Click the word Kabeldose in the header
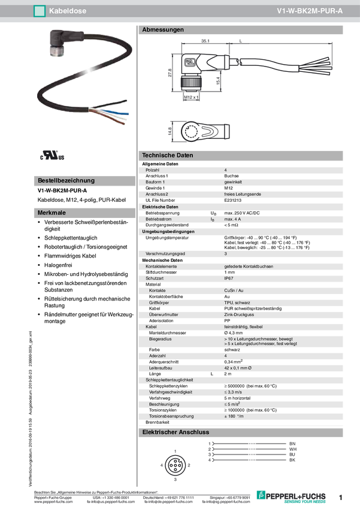pos(66,11)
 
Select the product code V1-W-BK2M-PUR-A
pos(310,11)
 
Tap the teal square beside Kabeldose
pos(40,11)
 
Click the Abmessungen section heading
pos(162,29)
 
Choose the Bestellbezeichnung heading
pos(66,180)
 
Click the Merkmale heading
pos(52,213)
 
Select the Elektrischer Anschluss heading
pos(175,432)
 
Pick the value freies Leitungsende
pos(242,194)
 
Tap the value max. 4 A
pos(234,219)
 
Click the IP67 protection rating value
pos(229,278)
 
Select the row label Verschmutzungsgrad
pos(165,254)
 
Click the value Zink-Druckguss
pos(238,314)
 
